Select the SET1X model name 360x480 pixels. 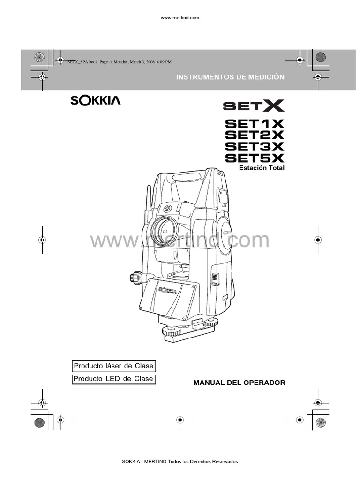[255, 124]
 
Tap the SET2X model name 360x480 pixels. [255, 135]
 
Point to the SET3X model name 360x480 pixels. [255, 146]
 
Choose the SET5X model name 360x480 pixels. [255, 157]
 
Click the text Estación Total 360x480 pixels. [262, 167]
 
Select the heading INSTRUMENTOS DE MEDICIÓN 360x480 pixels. [230, 77]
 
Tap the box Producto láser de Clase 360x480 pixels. [113, 366]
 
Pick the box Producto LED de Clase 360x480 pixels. [113, 379]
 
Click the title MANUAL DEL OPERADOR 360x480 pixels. [239, 383]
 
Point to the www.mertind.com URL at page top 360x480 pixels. [180, 18]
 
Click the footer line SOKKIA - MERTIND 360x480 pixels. [180, 462]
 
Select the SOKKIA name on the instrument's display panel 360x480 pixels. [167, 290]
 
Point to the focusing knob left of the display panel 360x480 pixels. [136, 277]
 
